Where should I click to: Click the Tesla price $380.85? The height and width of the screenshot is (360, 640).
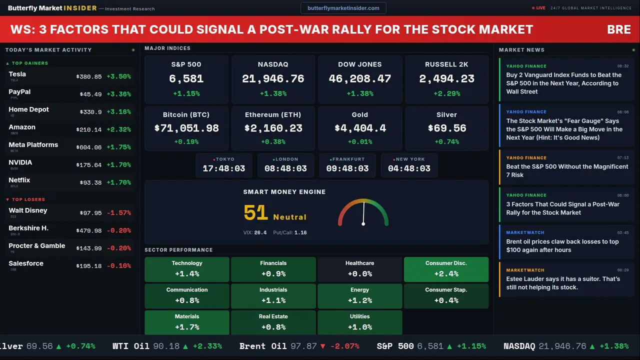[89, 77]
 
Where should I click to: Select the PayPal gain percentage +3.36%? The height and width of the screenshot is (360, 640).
[119, 94]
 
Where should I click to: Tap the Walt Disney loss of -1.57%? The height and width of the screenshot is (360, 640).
[119, 213]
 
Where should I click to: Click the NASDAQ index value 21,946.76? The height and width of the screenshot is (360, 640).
[273, 79]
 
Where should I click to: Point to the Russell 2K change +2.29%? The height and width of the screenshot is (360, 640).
[446, 93]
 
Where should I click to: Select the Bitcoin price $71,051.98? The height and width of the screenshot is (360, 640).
[186, 128]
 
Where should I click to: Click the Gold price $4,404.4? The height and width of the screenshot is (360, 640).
[360, 128]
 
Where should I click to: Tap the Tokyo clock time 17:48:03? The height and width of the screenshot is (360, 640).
[224, 168]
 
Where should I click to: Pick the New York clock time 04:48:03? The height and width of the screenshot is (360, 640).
[409, 168]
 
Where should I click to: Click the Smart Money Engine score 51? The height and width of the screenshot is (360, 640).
[256, 213]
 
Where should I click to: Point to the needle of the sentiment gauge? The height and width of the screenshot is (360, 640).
[363, 213]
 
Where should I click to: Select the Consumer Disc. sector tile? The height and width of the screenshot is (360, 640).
[446, 269]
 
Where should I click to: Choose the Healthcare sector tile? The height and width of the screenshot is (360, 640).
[359, 269]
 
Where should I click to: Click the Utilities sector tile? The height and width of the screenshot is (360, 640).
[359, 322]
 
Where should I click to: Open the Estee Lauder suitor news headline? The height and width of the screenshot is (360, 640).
[563, 283]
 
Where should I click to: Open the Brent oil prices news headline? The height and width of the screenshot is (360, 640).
[562, 245]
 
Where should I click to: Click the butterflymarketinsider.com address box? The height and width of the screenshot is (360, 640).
[343, 8]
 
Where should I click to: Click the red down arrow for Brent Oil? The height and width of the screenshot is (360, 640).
[322, 346]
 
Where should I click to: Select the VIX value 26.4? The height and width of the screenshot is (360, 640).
[260, 232]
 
